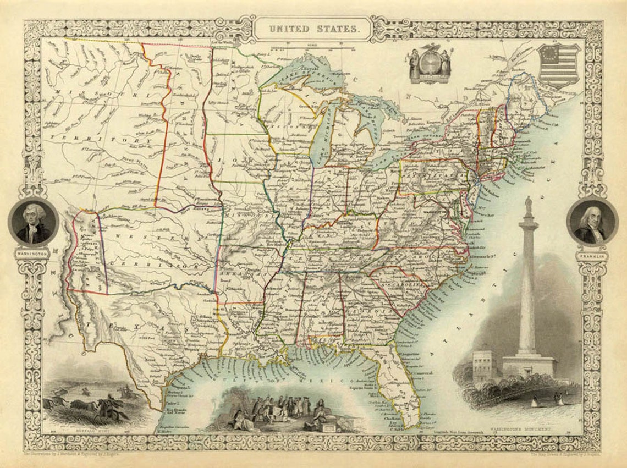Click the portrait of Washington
coord(34,222)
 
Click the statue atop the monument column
coord(528,207)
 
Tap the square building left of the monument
coord(483,364)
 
